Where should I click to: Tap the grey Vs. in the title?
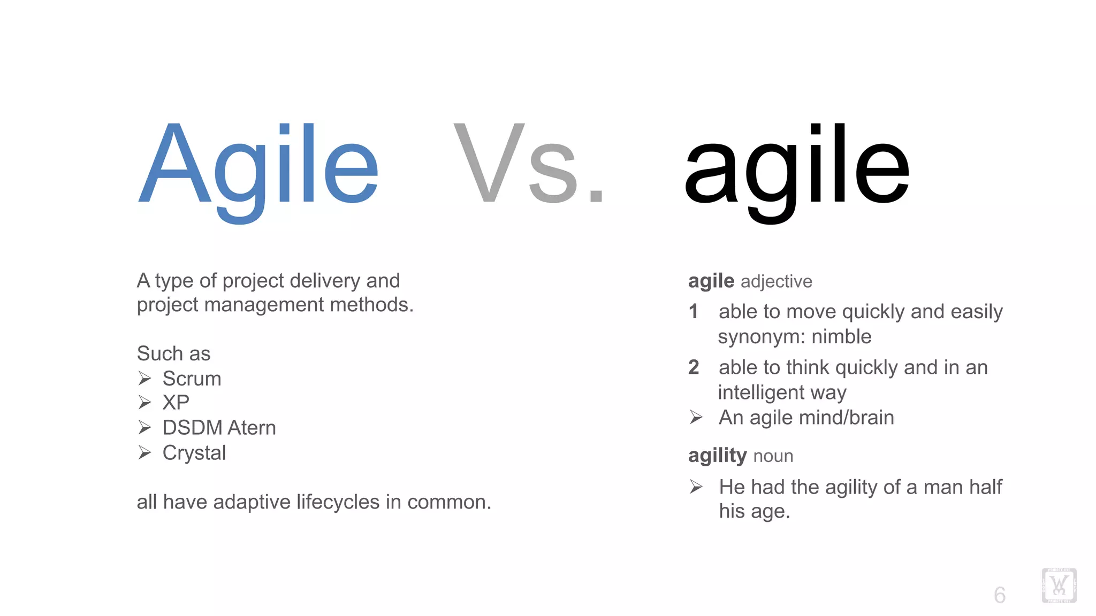[528, 164]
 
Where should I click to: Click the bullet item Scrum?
[192, 379]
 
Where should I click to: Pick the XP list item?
[176, 402]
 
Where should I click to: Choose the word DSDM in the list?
[192, 428]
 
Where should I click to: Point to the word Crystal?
[194, 453]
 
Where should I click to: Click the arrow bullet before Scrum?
[144, 379]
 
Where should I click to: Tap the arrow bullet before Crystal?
[144, 453]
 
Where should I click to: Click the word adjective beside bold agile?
[777, 281]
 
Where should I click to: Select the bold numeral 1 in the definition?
[694, 311]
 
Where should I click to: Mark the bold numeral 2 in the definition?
[694, 367]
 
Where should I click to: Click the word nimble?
[841, 337]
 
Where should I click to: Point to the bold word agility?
[717, 456]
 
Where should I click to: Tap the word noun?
[773, 456]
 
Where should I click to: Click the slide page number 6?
[1000, 595]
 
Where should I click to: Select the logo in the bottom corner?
[1059, 586]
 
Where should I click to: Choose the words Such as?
[173, 353]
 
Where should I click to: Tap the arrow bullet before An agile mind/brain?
[696, 417]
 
